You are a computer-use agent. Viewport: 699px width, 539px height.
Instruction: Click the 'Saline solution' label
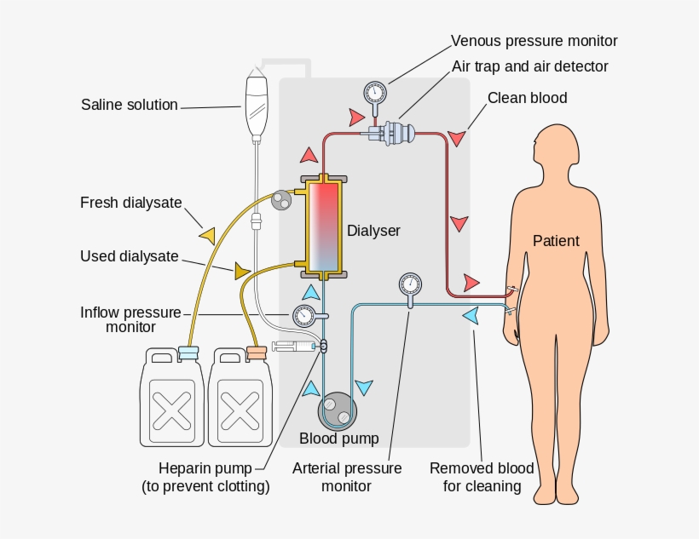coord(130,106)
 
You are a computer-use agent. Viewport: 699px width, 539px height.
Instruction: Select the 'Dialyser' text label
coord(373,231)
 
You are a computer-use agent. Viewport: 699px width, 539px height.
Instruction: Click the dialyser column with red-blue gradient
coord(324,226)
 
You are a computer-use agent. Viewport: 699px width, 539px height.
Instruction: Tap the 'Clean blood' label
coord(527,98)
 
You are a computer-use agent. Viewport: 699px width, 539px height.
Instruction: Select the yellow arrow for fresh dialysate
coord(207,234)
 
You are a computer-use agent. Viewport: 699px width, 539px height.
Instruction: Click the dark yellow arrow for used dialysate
coord(242,271)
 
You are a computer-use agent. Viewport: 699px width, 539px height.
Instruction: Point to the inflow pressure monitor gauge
coord(303,316)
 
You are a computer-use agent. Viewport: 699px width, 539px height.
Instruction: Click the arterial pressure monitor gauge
coord(410,284)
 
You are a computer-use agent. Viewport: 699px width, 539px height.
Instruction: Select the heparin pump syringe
coord(294,347)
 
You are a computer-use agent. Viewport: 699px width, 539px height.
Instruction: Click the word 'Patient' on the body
coord(556,241)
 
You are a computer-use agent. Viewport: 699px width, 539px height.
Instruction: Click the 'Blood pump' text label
coord(338,439)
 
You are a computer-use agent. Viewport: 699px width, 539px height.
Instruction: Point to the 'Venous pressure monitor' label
coord(534,41)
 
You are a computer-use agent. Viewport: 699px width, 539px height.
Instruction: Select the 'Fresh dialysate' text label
coord(131,203)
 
